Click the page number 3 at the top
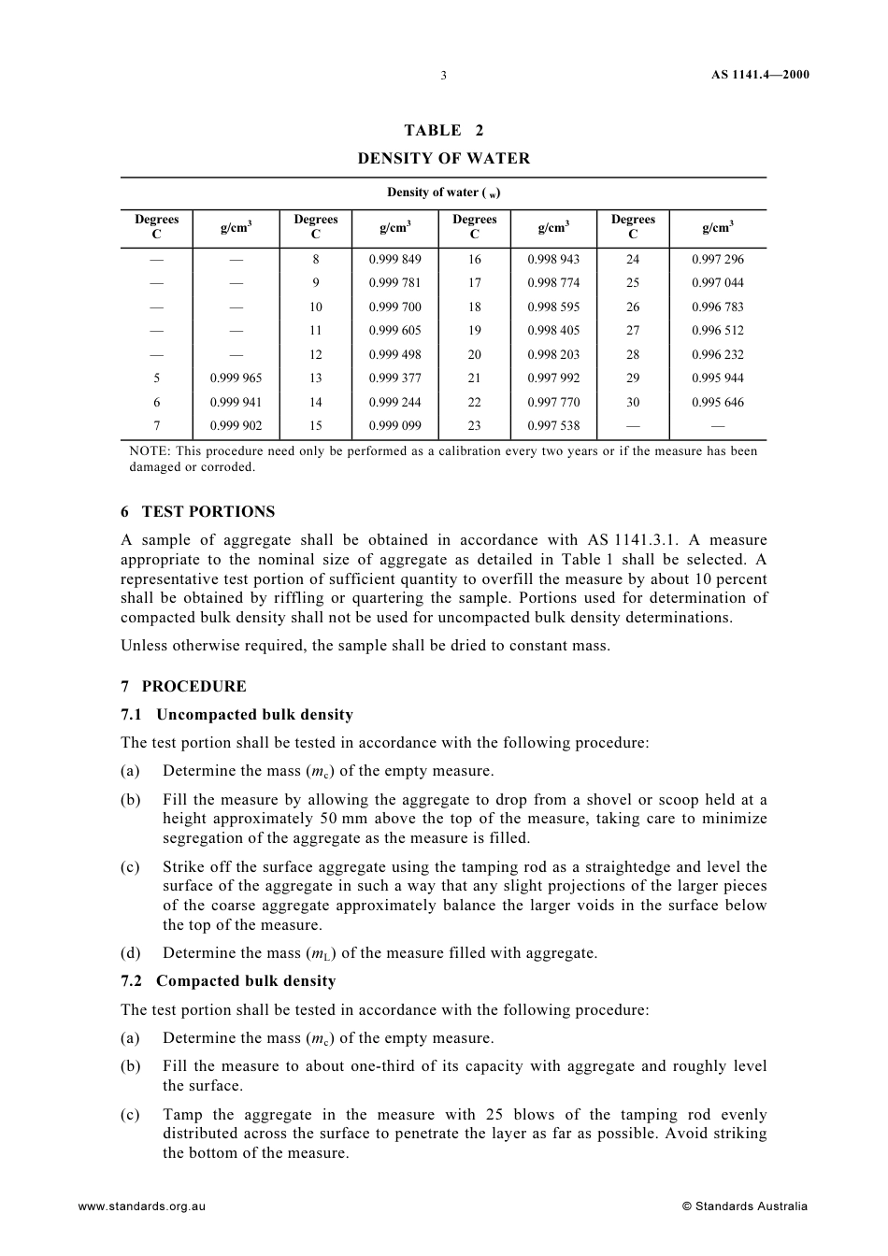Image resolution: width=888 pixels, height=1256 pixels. (443, 76)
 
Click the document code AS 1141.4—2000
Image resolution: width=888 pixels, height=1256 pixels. (753, 75)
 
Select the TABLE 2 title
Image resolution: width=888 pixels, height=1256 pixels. (444, 131)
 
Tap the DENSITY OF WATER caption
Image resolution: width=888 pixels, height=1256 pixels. (444, 159)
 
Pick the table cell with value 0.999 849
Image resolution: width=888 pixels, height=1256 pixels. (394, 259)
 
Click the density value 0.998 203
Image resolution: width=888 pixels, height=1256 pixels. (553, 354)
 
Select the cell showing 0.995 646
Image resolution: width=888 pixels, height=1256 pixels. (718, 402)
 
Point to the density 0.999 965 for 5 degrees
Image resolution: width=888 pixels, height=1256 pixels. (236, 378)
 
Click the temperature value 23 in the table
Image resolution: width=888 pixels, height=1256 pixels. (474, 425)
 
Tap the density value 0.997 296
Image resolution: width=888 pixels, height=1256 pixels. (718, 259)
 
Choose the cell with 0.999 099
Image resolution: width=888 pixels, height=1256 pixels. (394, 425)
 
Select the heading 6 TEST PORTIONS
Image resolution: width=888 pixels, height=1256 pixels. (198, 512)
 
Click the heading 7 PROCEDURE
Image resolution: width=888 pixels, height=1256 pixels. (183, 687)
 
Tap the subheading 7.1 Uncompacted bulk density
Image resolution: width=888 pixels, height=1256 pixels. (237, 715)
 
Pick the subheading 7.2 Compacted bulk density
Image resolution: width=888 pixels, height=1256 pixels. (228, 981)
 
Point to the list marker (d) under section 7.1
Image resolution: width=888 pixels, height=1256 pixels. (130, 953)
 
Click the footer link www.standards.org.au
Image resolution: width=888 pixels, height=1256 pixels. (142, 1206)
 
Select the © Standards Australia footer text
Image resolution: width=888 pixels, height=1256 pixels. (745, 1206)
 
